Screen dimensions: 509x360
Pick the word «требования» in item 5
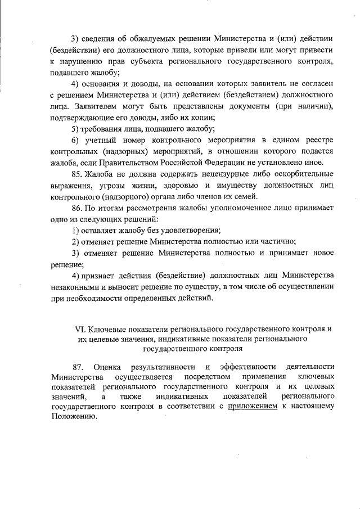[103, 129]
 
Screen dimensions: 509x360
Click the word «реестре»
[319, 140]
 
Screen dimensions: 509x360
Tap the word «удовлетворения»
[188, 230]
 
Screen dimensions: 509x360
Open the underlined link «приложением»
[253, 406]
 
